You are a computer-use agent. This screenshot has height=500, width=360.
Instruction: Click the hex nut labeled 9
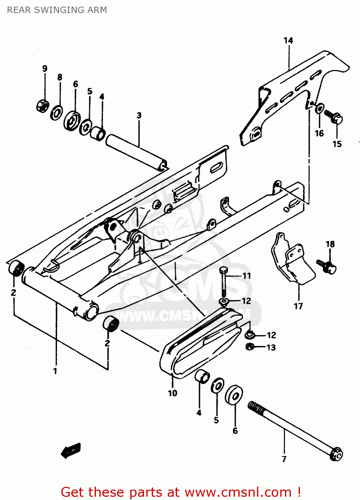tap(42, 106)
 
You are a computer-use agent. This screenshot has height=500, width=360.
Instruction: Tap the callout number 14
tap(288, 41)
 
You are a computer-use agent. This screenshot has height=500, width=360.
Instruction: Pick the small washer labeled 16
tap(319, 108)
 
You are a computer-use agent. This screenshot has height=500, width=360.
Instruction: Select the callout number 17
tap(298, 306)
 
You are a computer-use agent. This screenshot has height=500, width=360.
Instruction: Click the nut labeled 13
tap(249, 347)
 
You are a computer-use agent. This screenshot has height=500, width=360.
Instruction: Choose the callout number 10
tap(172, 393)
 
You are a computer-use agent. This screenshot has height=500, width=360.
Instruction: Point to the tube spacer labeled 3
tap(137, 152)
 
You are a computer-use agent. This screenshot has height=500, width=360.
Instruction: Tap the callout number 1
tap(55, 371)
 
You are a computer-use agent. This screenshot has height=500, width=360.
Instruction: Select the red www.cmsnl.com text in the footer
tap(238, 492)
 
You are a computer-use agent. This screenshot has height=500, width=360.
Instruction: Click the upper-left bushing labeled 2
tap(16, 268)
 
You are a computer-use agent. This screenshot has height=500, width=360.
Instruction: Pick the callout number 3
tap(139, 116)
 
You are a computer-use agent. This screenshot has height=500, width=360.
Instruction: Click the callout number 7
tap(284, 459)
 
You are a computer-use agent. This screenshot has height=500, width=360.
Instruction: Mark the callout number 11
tap(246, 276)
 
